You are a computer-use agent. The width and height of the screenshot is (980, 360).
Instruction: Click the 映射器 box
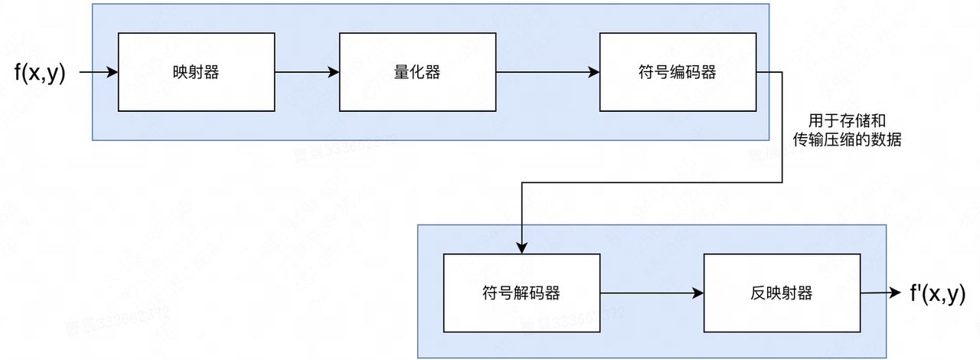196,72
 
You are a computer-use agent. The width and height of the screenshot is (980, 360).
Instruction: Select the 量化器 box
417,72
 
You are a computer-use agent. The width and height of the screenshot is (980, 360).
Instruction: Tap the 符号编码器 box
678,72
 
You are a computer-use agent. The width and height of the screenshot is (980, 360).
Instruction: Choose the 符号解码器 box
521,293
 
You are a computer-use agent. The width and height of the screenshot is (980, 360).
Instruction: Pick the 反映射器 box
782,293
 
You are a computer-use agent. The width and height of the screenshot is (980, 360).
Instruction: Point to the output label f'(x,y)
936,293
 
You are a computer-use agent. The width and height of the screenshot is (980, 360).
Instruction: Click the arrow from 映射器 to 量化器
306,73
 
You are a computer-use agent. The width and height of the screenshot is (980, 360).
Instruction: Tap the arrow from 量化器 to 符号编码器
547,73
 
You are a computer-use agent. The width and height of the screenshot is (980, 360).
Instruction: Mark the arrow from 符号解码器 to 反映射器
651,293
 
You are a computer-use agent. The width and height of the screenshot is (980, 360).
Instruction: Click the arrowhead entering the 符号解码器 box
521,247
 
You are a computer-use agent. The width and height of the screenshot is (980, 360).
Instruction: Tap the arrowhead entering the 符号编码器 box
594,73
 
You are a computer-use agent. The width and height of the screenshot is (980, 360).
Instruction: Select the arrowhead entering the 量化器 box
334,73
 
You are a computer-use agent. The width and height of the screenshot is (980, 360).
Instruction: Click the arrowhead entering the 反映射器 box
698,293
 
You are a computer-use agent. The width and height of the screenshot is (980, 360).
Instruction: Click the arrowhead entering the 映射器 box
113,73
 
